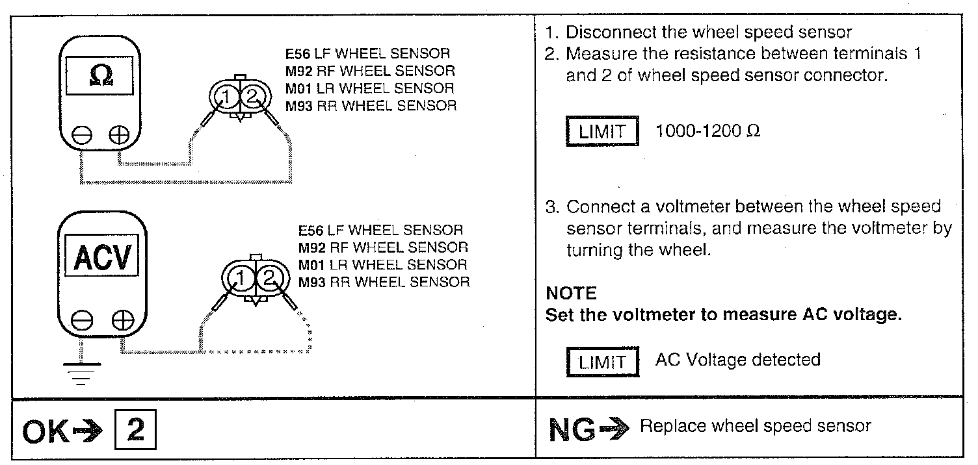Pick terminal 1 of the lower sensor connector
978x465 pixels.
click(239, 280)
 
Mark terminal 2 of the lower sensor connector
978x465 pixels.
click(269, 280)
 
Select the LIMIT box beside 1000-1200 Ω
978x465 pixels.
click(601, 132)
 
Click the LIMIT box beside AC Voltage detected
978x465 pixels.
click(601, 362)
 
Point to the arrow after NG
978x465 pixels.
click(616, 428)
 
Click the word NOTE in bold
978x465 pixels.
click(571, 294)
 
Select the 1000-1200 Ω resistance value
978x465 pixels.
click(707, 131)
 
